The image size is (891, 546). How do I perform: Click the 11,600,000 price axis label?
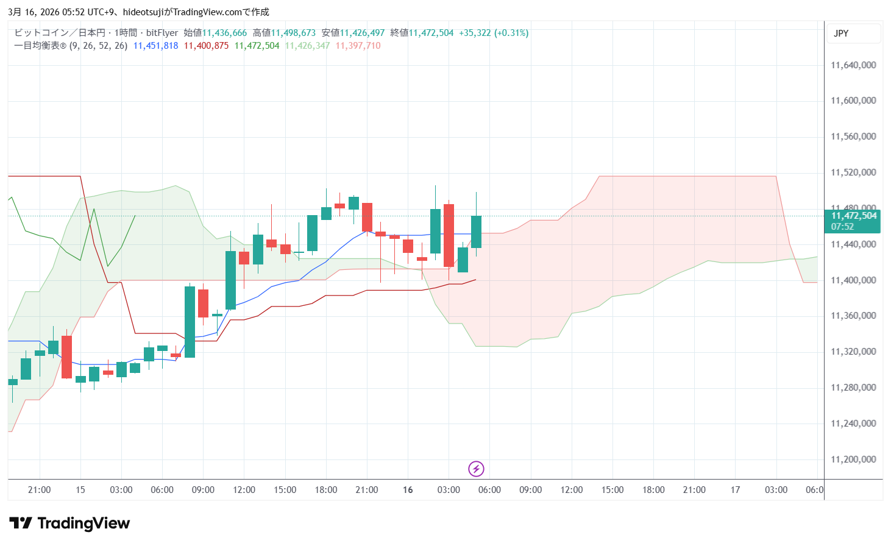pyautogui.click(x=853, y=101)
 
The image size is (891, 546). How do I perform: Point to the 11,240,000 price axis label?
pyautogui.click(x=853, y=424)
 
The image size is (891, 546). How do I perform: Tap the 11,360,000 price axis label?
pyautogui.click(x=853, y=316)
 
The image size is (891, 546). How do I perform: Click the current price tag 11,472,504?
pyautogui.click(x=854, y=216)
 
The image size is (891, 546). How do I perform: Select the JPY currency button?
pyautogui.click(x=841, y=34)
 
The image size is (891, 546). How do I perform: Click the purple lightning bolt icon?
pyautogui.click(x=476, y=469)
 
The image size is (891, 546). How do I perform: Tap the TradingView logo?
pyautogui.click(x=69, y=523)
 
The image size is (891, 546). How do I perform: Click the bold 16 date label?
pyautogui.click(x=408, y=490)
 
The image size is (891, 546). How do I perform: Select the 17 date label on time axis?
pyautogui.click(x=735, y=490)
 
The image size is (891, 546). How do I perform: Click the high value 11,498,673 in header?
pyautogui.click(x=293, y=33)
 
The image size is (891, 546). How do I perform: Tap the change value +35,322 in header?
pyautogui.click(x=474, y=33)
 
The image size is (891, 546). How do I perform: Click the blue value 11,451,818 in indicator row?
pyautogui.click(x=155, y=46)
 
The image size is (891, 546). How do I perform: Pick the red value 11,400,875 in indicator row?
pyautogui.click(x=206, y=46)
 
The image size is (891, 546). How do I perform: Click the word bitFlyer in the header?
pyautogui.click(x=162, y=33)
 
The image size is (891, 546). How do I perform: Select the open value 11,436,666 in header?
pyautogui.click(x=224, y=33)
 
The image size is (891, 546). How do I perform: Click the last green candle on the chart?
pyautogui.click(x=476, y=232)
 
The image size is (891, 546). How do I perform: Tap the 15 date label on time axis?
pyautogui.click(x=80, y=490)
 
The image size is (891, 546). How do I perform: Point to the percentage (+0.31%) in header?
pyautogui.click(x=511, y=33)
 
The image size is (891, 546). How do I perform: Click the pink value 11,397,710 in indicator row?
pyautogui.click(x=358, y=46)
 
